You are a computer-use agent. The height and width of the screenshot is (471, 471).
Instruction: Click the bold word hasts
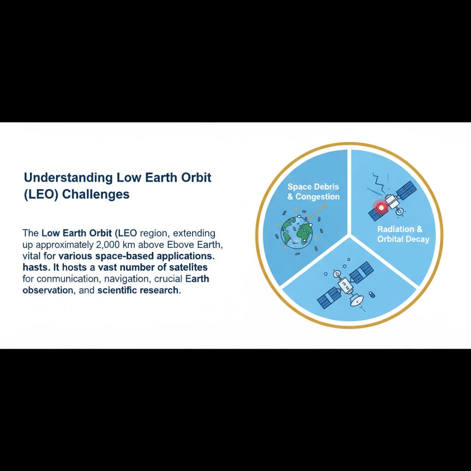35,267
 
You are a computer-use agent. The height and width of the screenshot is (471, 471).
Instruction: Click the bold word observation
47,291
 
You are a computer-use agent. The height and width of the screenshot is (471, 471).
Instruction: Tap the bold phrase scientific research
138,291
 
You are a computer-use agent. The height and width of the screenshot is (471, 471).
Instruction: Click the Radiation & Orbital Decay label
403,234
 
